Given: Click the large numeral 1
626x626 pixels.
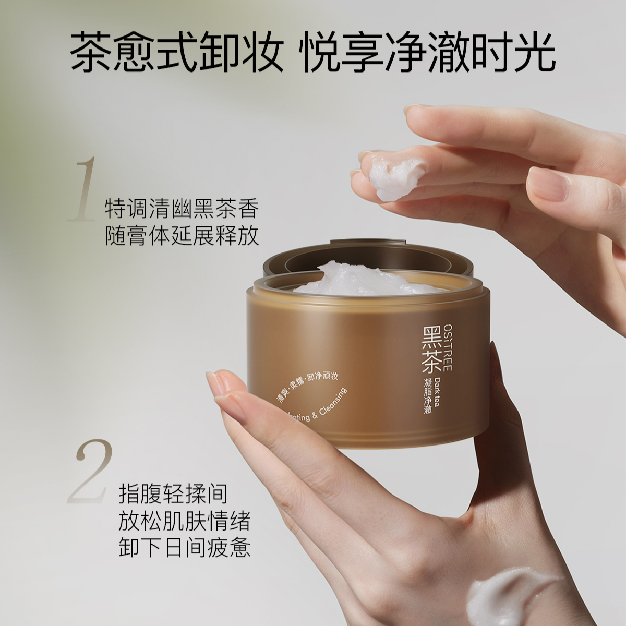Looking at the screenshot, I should coord(84,189).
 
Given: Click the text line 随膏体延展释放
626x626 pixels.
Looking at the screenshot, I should coord(182,236).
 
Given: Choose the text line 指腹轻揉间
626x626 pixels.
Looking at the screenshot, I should coord(173,493).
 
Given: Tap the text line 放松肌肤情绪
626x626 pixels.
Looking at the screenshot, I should coord(185,521).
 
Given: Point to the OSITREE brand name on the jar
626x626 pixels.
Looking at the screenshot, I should coord(448,346).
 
